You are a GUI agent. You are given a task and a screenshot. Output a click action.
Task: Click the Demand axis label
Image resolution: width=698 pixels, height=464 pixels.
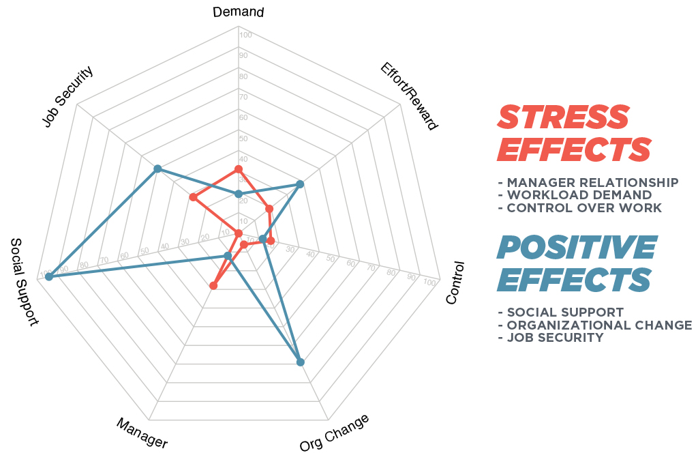(238, 12)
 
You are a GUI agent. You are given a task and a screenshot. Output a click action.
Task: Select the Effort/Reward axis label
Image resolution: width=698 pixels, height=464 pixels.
(409, 96)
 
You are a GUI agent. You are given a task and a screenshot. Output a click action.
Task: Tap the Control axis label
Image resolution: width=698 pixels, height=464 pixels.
(455, 282)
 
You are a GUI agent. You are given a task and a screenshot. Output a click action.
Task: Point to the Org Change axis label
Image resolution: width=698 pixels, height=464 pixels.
(334, 433)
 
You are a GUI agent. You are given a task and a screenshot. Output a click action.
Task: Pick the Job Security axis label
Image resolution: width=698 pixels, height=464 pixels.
(67, 97)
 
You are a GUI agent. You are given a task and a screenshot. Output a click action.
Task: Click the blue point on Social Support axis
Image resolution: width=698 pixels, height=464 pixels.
(48, 276)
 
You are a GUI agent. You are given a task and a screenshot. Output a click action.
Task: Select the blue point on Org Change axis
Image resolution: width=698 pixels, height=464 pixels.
(301, 362)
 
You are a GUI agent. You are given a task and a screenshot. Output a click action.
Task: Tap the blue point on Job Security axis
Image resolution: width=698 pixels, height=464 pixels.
(157, 169)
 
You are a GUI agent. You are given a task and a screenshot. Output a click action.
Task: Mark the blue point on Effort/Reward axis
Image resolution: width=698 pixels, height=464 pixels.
(300, 184)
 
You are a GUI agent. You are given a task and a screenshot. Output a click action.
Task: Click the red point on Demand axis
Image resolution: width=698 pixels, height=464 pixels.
(238, 169)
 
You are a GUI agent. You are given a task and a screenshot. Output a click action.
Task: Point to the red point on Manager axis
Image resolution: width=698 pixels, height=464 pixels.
(213, 286)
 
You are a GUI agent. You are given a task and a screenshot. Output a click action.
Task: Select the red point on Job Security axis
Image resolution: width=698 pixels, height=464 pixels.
(193, 198)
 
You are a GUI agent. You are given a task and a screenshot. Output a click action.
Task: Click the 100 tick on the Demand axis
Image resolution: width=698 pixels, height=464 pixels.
(246, 35)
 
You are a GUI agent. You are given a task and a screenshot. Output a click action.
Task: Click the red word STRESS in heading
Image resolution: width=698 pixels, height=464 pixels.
(563, 117)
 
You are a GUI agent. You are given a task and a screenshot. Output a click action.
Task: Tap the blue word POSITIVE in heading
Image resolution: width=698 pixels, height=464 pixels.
(577, 248)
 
